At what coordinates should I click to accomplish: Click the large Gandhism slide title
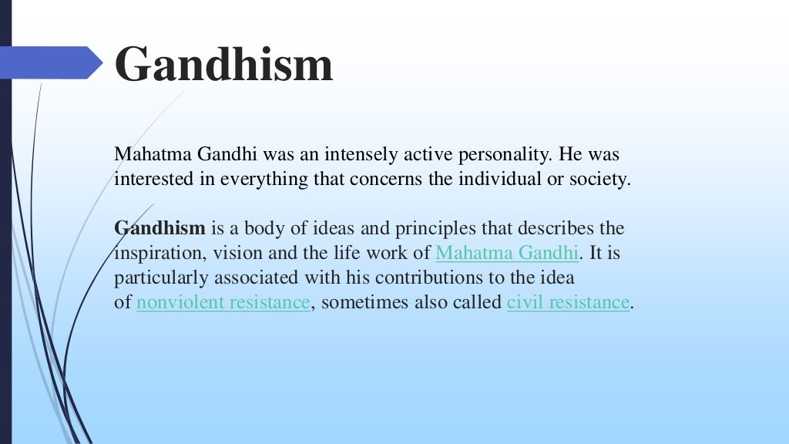coord(223,64)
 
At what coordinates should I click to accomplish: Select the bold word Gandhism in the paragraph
coord(160,229)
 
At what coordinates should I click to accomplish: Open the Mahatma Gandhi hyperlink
coord(506,253)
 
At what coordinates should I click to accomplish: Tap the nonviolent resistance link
coord(223,302)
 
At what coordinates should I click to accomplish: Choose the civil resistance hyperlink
coord(568,302)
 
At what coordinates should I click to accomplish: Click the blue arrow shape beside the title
coord(54,62)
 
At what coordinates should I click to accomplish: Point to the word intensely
coord(361,155)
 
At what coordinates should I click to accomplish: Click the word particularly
coord(158,277)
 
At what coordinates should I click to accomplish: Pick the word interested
coord(152,180)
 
